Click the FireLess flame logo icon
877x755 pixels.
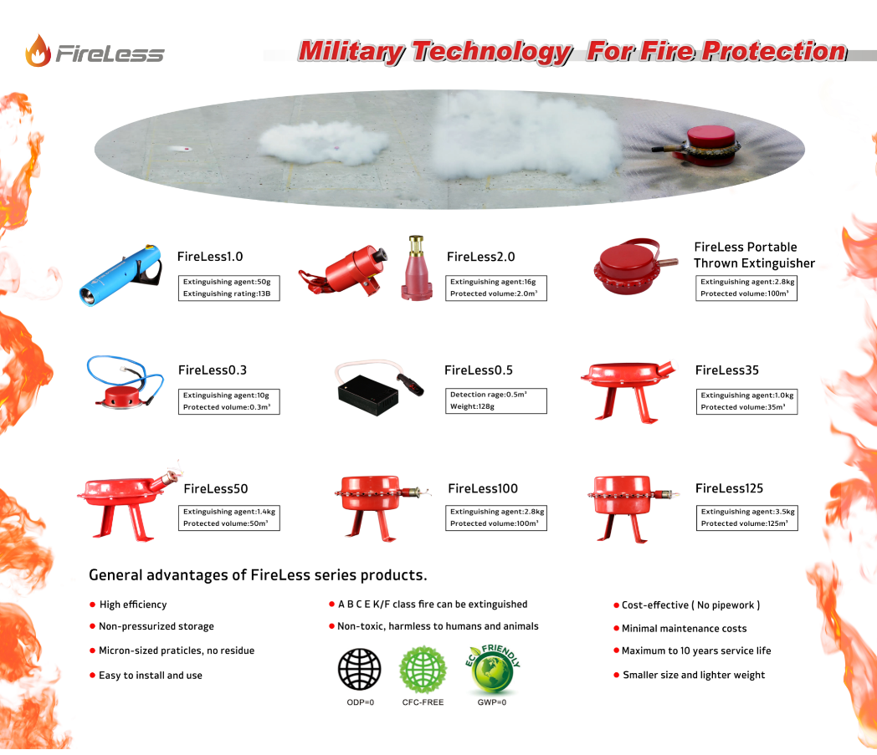point(38,51)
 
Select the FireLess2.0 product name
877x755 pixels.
point(480,257)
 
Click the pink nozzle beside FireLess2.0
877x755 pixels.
point(417,268)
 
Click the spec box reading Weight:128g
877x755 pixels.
point(495,400)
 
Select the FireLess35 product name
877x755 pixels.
point(726,370)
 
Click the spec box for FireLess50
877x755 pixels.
point(228,518)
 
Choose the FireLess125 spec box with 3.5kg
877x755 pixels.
point(746,518)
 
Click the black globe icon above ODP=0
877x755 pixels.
point(360,669)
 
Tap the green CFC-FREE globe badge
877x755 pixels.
point(423,670)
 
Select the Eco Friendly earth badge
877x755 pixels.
point(492,670)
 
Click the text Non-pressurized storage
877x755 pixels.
point(156,626)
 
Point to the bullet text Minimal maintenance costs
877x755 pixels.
point(684,629)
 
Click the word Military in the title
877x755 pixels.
point(351,52)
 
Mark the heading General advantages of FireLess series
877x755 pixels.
point(258,575)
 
